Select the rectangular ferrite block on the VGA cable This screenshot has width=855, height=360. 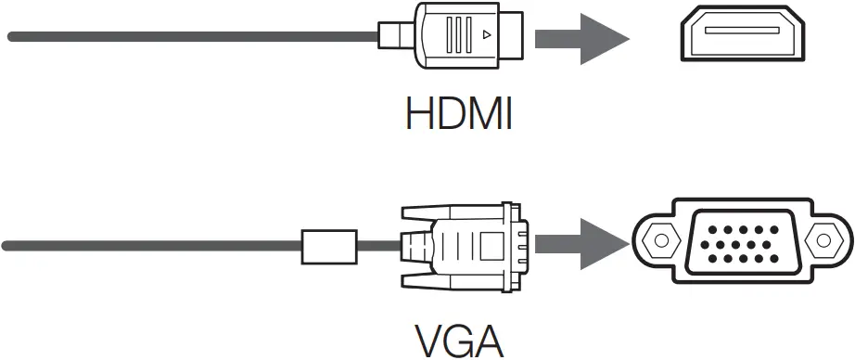(x=329, y=247)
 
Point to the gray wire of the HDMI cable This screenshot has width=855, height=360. (x=185, y=37)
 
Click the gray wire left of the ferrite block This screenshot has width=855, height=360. (x=148, y=247)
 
